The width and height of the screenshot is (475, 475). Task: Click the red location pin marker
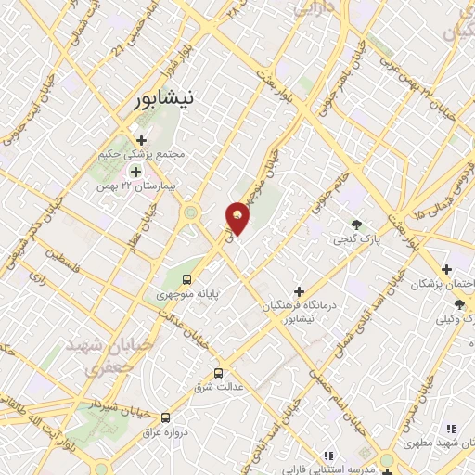pyautogui.click(x=238, y=217)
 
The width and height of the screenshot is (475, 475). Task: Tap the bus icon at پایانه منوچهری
pyautogui.click(x=188, y=279)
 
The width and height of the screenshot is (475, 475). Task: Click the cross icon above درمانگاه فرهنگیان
pyautogui.click(x=299, y=291)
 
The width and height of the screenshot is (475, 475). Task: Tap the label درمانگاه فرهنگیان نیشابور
pyautogui.click(x=298, y=311)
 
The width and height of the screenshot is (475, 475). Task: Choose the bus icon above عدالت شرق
pyautogui.click(x=218, y=373)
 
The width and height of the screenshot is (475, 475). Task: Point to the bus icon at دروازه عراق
pyautogui.click(x=166, y=418)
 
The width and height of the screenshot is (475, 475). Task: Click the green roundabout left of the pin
pyautogui.click(x=192, y=214)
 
